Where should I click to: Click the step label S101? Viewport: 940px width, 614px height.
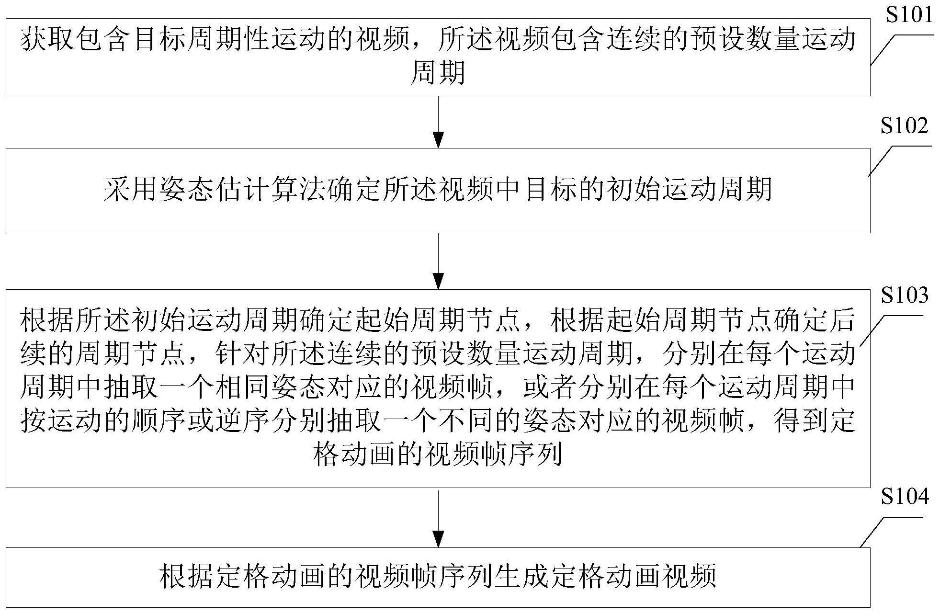909,15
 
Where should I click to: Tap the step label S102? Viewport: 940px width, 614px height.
905,126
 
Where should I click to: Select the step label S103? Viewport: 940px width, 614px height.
905,295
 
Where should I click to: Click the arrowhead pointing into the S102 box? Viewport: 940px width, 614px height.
438,140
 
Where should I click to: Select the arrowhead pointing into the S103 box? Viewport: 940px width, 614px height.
438,281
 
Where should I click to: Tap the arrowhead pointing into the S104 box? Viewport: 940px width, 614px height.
438,539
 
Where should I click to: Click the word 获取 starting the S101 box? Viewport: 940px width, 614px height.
47,40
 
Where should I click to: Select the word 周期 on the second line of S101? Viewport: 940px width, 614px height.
438,73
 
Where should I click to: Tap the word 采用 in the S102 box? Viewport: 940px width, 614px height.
131,190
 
